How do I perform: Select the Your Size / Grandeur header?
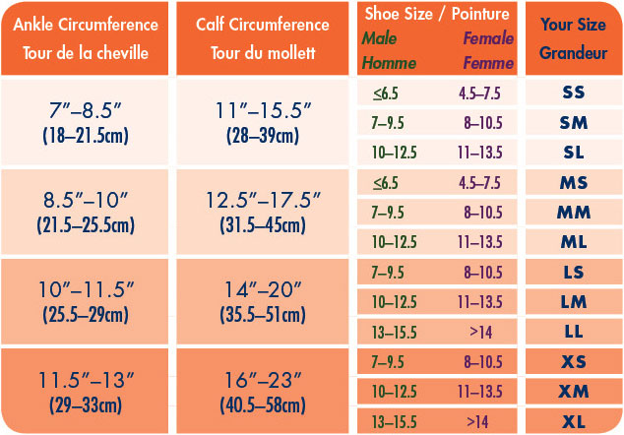573,38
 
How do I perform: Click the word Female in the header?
488,38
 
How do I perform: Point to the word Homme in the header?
388,63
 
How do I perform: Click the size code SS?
573,93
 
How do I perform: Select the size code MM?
573,212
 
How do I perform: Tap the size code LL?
573,332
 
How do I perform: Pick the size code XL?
573,421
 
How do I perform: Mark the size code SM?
573,122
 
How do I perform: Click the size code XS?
573,362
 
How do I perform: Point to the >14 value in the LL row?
480,332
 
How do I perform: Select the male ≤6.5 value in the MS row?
386,182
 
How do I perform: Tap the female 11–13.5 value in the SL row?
480,153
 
